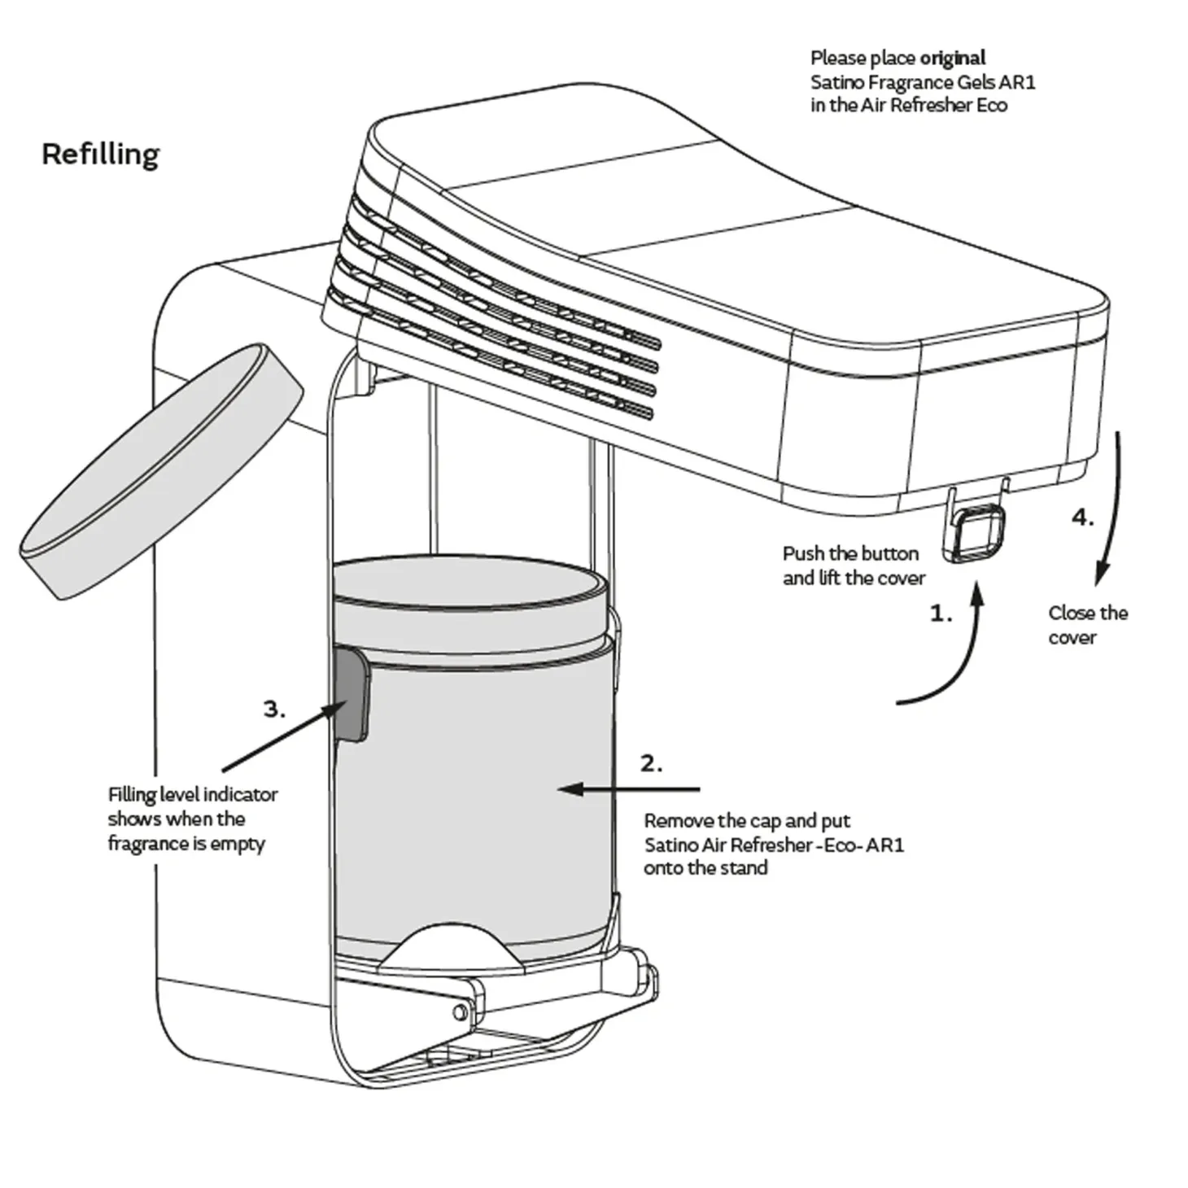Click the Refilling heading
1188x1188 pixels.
tap(100, 155)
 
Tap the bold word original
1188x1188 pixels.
tap(953, 59)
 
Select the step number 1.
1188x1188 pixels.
tap(941, 614)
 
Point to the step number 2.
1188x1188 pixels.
tap(651, 764)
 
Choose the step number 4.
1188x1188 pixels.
tap(1082, 518)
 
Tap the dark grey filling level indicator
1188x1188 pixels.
tap(352, 693)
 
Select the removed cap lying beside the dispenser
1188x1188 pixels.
tap(162, 472)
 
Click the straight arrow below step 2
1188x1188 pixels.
tap(630, 788)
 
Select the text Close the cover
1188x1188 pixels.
tap(1088, 625)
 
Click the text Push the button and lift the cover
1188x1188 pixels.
tap(854, 566)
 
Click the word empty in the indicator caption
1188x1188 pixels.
tap(238, 844)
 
